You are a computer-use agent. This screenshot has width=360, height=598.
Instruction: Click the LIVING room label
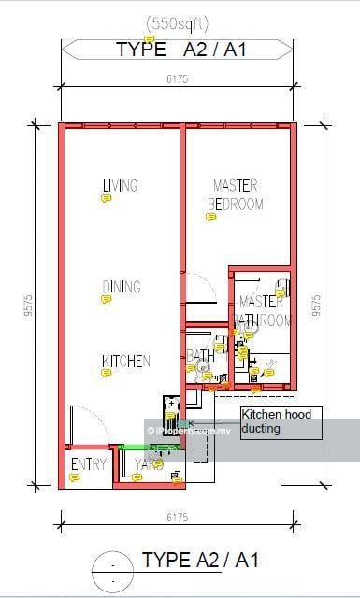(x=120, y=185)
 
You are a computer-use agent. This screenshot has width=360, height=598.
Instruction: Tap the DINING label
(x=122, y=287)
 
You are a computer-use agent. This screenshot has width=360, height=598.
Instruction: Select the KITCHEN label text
(x=125, y=361)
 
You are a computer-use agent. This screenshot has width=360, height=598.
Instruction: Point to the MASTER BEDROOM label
(x=235, y=194)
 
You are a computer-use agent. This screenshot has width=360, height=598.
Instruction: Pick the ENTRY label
(x=88, y=464)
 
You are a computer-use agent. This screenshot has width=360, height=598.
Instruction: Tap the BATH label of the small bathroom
(x=200, y=355)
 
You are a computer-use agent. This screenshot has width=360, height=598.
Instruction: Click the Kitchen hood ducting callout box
(x=281, y=422)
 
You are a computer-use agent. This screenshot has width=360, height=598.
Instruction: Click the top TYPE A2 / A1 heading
(x=181, y=50)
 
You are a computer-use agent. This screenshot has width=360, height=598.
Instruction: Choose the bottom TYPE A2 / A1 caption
(x=199, y=561)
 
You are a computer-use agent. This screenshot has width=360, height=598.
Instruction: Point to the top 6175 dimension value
(x=177, y=80)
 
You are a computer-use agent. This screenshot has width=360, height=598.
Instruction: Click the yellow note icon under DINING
(x=106, y=299)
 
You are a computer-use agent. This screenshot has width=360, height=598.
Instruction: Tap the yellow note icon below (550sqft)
(x=150, y=38)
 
